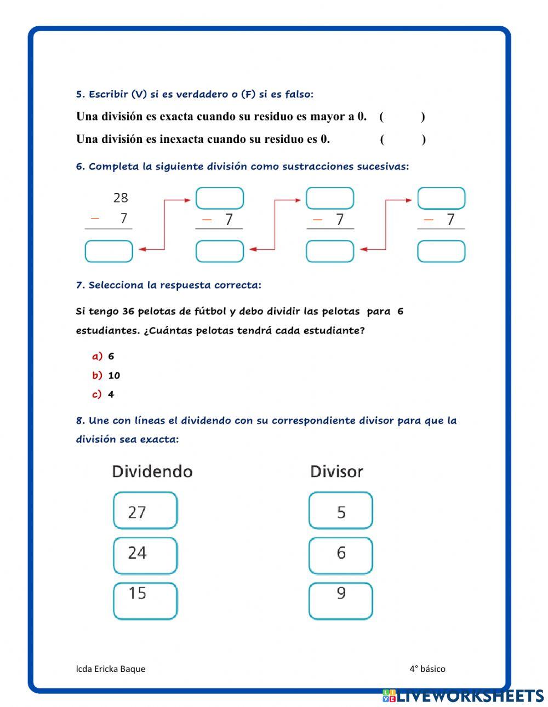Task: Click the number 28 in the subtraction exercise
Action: pyautogui.click(x=121, y=198)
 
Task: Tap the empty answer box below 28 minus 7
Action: pyautogui.click(x=109, y=251)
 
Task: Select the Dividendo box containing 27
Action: pyautogui.click(x=145, y=510)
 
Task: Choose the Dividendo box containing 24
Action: pyautogui.click(x=145, y=555)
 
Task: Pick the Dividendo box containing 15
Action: pyautogui.click(x=145, y=601)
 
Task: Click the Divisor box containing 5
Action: pyautogui.click(x=340, y=510)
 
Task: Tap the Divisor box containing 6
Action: pyautogui.click(x=340, y=555)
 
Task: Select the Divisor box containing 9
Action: pyautogui.click(x=340, y=601)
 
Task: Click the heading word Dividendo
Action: pyautogui.click(x=152, y=472)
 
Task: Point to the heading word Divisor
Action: pyautogui.click(x=336, y=472)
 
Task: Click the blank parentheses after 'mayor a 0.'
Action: pyautogui.click(x=402, y=117)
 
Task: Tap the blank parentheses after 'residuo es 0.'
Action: pyautogui.click(x=402, y=139)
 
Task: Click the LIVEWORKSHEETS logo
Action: pyautogui.click(x=463, y=695)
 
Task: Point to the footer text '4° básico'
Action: pyautogui.click(x=427, y=669)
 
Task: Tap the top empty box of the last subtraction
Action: pyautogui.click(x=441, y=198)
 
